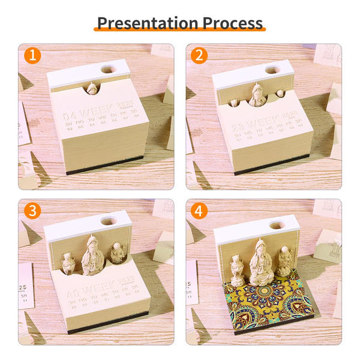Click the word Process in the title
[233, 23]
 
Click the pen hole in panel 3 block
[109, 221]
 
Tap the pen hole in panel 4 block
[275, 225]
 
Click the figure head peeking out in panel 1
[92, 88]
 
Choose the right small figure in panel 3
[116, 254]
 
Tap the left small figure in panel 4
[238, 271]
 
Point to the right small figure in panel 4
[284, 262]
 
